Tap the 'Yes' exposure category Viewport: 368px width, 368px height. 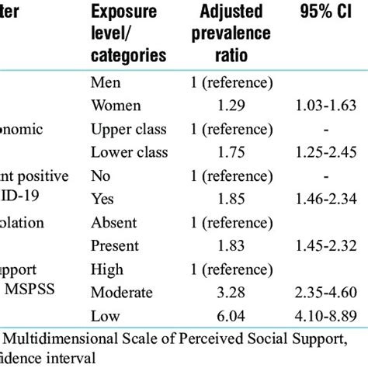pos(102,199)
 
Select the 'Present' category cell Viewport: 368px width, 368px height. pos(115,246)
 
